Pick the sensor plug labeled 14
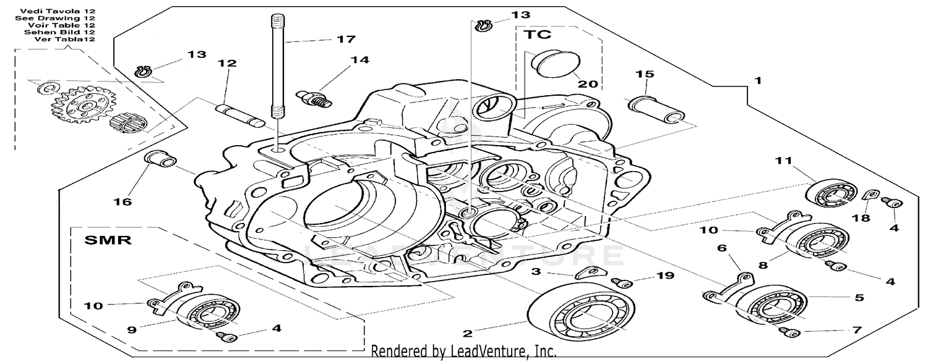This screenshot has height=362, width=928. (314, 97)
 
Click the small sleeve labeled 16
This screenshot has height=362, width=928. (157, 161)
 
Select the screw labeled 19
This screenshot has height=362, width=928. (622, 283)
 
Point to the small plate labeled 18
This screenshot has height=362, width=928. (869, 196)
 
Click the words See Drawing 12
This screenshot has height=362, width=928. (54, 18)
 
